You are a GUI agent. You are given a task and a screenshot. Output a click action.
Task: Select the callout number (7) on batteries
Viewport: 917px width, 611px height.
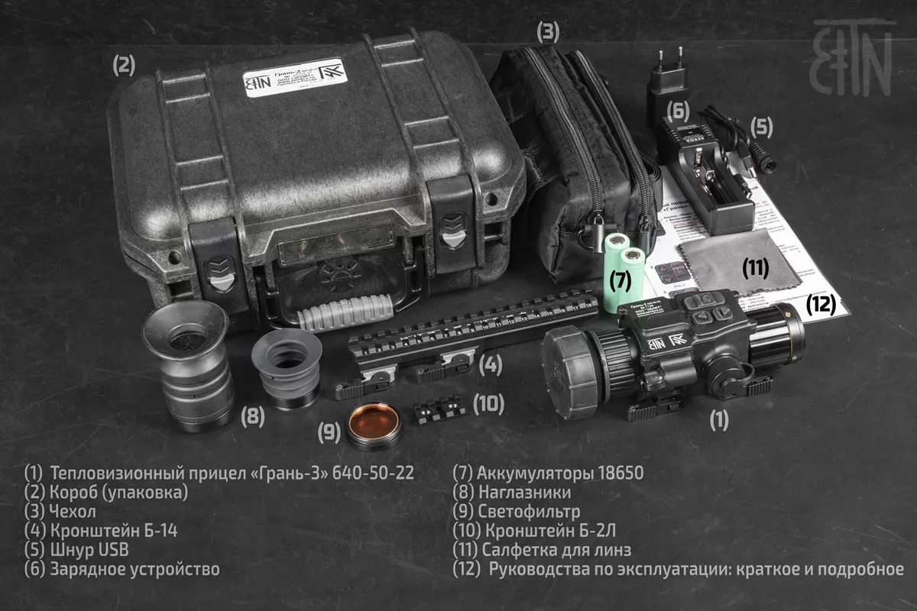620,280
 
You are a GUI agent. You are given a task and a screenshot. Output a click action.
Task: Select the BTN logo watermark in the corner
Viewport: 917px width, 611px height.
853,57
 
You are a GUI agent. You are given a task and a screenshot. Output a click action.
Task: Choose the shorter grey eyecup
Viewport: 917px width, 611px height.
287,370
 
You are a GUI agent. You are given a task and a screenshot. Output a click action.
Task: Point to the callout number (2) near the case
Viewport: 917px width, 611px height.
125,65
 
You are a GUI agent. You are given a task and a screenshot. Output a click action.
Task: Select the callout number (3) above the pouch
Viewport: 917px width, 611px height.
548,31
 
